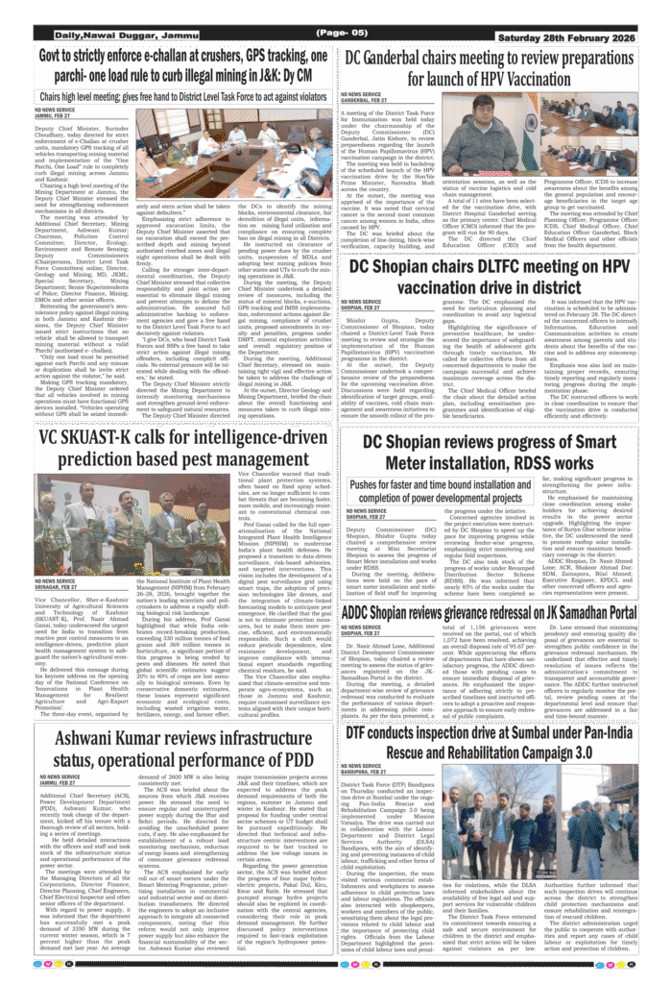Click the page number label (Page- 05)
pyautogui.click(x=335, y=35)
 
